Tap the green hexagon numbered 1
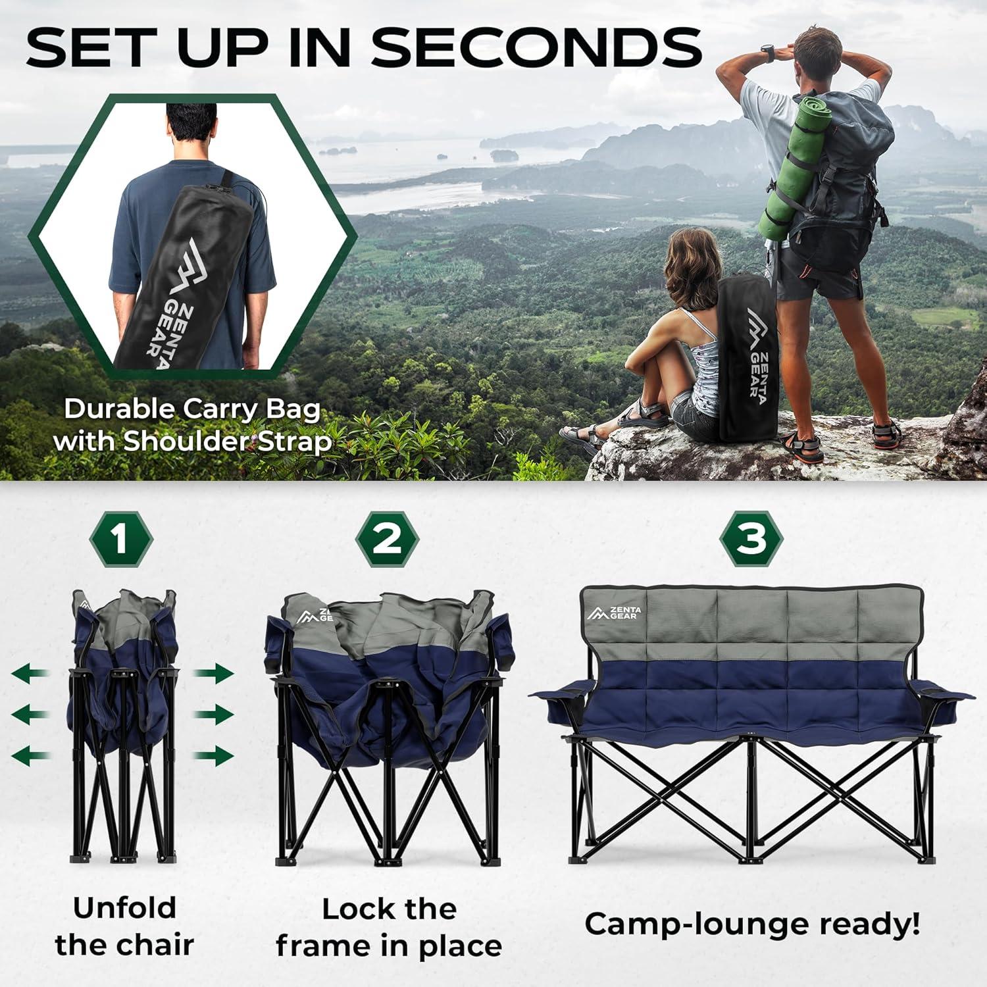[x=120, y=540]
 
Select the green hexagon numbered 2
[x=387, y=540]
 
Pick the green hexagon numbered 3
[x=751, y=540]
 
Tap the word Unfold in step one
[x=124, y=908]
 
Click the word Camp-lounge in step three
[x=696, y=924]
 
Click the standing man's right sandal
[x=885, y=434]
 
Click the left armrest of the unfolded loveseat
[x=559, y=697]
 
